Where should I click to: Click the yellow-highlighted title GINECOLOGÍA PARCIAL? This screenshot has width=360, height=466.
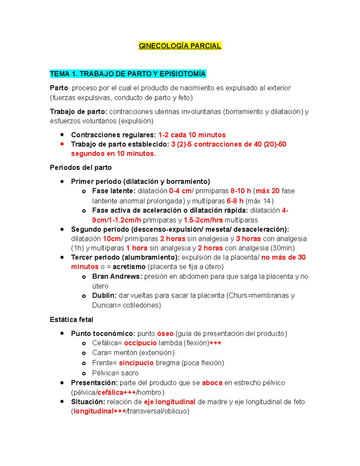180,46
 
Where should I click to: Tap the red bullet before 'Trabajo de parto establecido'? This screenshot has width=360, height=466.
62,144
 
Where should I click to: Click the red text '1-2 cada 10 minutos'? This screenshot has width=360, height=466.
192,135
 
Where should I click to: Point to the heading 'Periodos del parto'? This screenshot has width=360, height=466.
81,167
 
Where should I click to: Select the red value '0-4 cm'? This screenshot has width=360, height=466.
180,191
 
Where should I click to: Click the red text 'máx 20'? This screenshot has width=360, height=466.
267,191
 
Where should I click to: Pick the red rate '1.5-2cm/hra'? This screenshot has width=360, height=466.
203,220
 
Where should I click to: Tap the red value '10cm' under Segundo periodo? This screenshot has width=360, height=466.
112,239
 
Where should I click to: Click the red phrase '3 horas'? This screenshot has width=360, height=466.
248,239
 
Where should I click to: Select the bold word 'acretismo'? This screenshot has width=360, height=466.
129,266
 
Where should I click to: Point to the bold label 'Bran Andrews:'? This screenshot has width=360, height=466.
117,276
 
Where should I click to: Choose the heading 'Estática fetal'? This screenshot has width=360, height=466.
71,320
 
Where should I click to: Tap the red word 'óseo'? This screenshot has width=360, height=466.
165,333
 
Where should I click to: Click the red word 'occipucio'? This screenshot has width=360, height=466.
140,343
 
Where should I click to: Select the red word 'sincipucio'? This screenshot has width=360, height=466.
136,363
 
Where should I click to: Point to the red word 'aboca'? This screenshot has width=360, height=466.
212,383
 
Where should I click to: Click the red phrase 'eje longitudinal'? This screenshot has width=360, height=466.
169,402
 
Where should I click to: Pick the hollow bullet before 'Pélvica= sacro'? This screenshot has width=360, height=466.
84,374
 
